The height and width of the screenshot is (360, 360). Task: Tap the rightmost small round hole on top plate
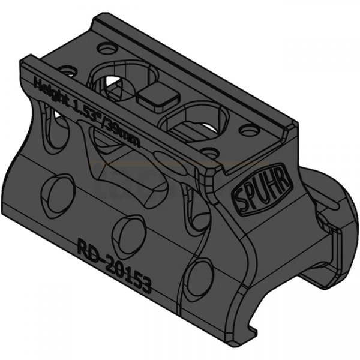245,128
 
